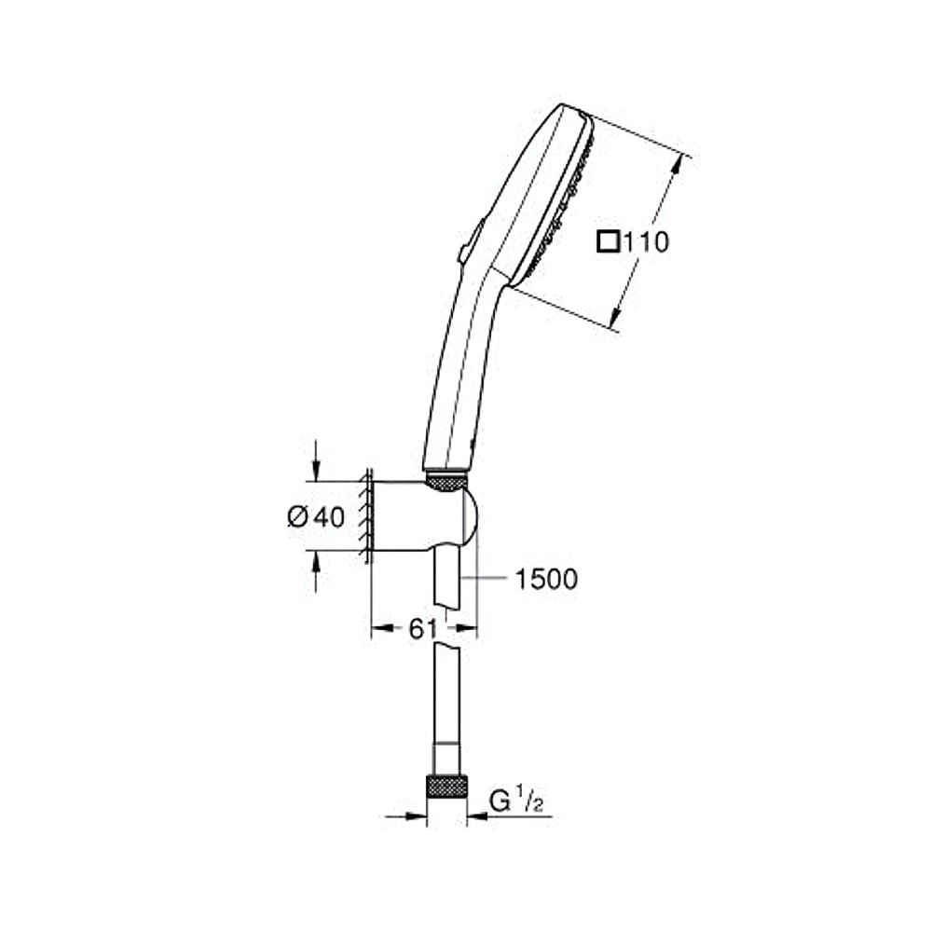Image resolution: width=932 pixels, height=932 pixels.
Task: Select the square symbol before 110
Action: (x=609, y=243)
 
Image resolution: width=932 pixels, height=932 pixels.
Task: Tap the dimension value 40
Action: (x=328, y=516)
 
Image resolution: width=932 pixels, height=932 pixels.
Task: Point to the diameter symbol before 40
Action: (x=297, y=516)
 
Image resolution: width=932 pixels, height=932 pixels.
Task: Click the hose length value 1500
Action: (x=546, y=580)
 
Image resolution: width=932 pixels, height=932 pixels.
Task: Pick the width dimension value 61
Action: (x=422, y=629)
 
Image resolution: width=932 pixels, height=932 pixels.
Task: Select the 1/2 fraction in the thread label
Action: (x=531, y=802)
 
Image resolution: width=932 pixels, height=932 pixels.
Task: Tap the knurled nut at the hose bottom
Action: (x=446, y=786)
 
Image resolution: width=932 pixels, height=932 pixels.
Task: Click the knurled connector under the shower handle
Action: (x=446, y=482)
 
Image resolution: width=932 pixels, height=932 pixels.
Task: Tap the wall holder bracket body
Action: (x=419, y=515)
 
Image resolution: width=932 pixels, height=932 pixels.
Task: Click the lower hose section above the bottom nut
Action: (x=446, y=708)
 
